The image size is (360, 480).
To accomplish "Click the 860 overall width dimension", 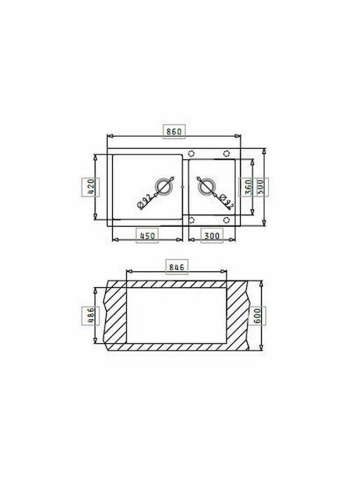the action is click(x=174, y=131).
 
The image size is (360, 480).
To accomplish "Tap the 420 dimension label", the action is click(x=91, y=187).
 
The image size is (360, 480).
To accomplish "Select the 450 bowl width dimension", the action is click(x=147, y=236).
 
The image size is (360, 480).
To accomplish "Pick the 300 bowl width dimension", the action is click(x=211, y=236).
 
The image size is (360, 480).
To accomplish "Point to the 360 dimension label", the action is click(x=248, y=187).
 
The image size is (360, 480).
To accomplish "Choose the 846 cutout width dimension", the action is click(x=177, y=267).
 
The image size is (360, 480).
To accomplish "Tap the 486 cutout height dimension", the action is click(x=91, y=315).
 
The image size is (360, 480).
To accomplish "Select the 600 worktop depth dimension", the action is click(x=257, y=315).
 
